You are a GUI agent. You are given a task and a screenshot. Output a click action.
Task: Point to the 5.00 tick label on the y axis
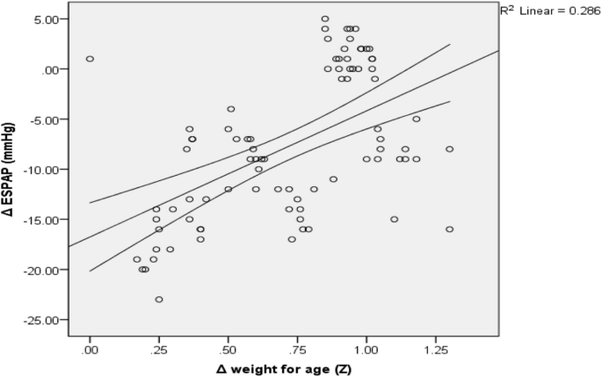(x=44, y=18)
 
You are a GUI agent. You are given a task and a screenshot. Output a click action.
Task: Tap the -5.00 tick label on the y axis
(x=43, y=120)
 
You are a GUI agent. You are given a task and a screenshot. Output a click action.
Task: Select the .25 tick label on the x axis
(x=158, y=349)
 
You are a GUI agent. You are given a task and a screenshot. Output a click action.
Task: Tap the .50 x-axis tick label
(x=228, y=349)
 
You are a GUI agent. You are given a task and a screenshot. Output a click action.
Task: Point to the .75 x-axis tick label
(x=297, y=349)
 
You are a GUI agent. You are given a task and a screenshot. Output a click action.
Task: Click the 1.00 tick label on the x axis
(x=366, y=349)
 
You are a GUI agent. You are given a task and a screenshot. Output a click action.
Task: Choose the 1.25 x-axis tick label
(x=435, y=349)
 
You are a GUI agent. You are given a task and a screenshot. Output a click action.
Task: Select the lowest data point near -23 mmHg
(x=159, y=300)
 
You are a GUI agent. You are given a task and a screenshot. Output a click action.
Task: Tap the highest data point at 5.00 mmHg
(x=325, y=18)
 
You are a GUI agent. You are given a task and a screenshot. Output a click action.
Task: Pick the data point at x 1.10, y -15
(x=395, y=220)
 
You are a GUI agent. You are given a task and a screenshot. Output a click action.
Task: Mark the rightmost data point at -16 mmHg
(x=449, y=229)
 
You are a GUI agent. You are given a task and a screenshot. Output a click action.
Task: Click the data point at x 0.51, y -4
(x=231, y=109)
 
